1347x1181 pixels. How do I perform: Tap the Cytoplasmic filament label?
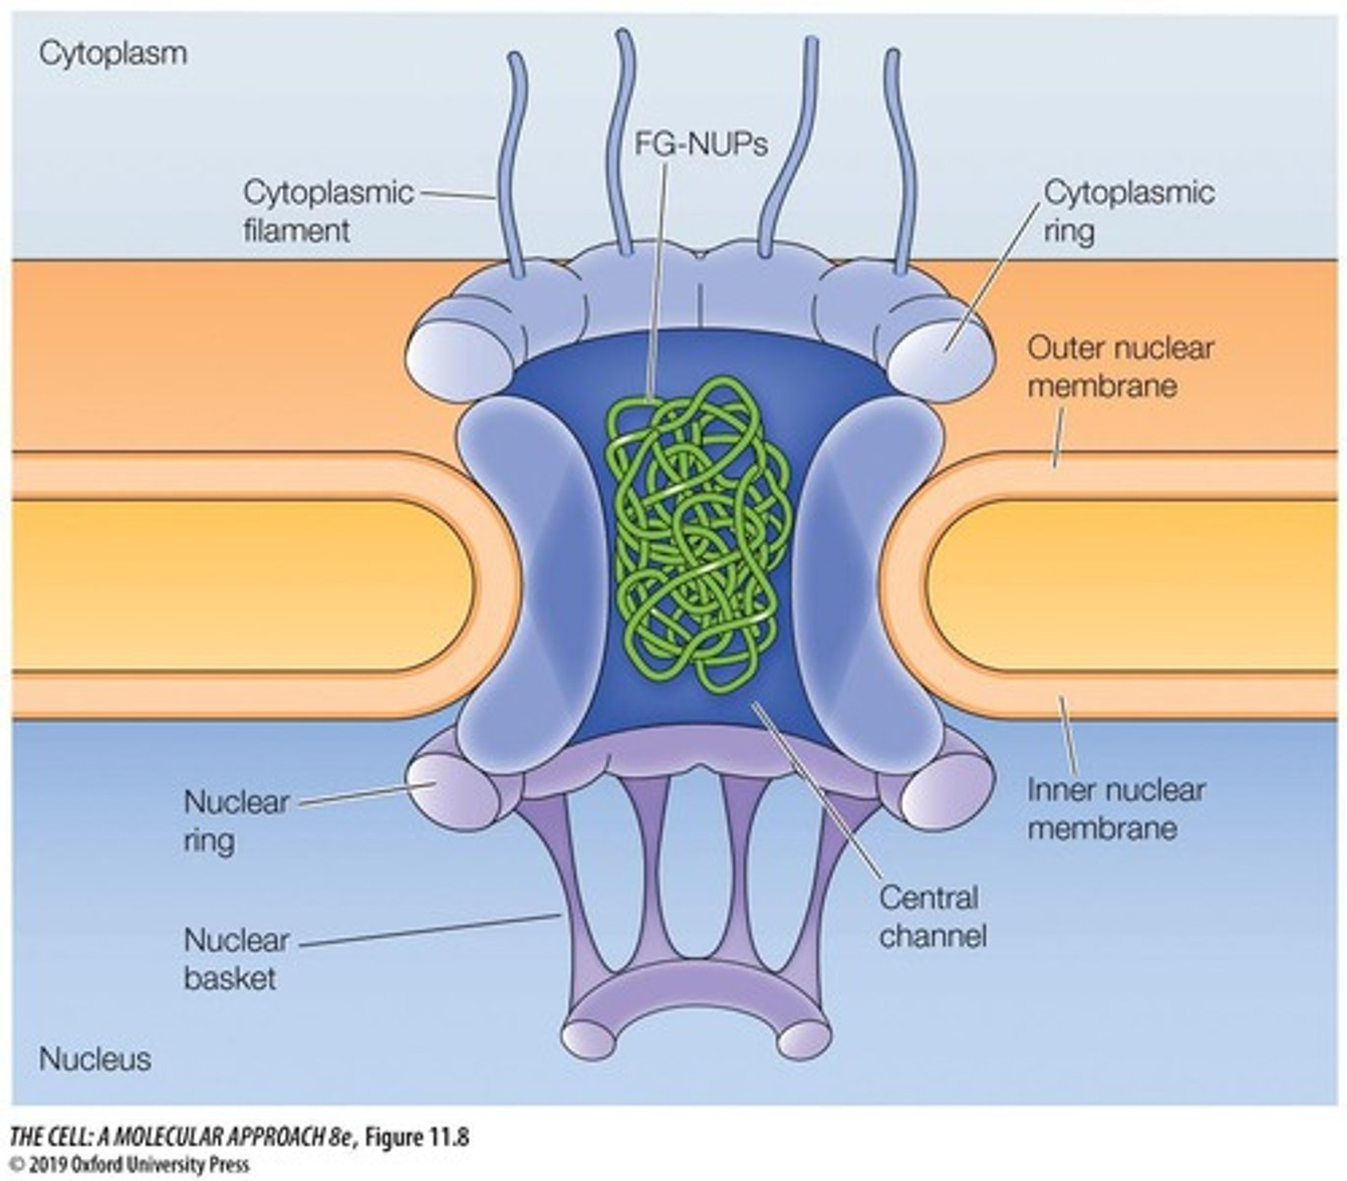(x=328, y=211)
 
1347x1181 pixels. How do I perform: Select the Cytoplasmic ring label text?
(x=1129, y=211)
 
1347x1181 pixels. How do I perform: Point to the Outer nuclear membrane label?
(x=1121, y=366)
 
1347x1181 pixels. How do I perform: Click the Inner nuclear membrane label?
(x=1116, y=808)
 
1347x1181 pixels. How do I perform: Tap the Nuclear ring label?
(x=235, y=821)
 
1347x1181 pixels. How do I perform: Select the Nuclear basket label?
(x=235, y=959)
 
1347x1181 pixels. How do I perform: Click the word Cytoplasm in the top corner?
(x=112, y=53)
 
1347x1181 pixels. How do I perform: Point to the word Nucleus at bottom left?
(x=94, y=1059)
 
